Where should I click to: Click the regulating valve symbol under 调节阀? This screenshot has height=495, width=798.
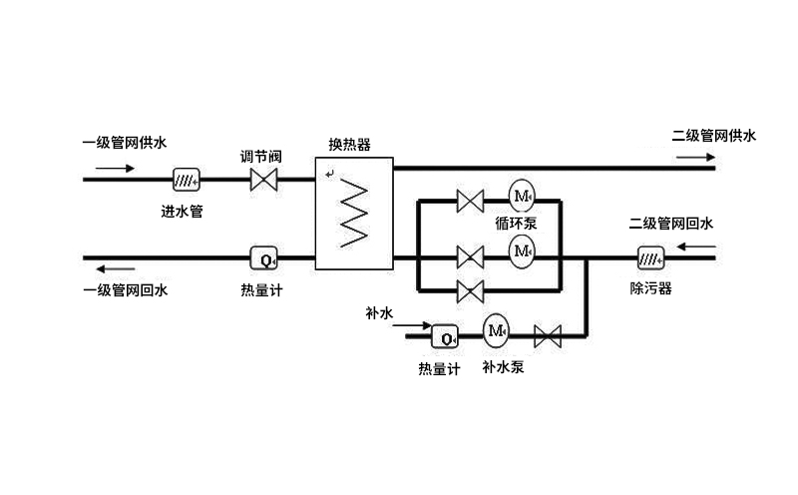[x=264, y=180]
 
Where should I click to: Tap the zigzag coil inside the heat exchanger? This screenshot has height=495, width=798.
[x=354, y=211]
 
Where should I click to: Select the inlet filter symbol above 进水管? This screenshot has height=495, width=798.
[x=186, y=180]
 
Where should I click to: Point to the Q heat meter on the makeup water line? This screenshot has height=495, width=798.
[x=443, y=335]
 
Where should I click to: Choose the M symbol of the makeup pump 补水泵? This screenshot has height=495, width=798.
[x=496, y=328]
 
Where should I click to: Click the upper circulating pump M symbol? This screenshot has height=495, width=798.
[x=523, y=194]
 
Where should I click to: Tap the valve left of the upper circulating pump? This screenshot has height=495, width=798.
[x=470, y=201]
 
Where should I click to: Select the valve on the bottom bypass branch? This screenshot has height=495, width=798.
[x=470, y=290]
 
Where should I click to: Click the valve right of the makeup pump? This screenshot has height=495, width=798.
[x=548, y=335]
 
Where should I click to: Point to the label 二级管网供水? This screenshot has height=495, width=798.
[x=714, y=135]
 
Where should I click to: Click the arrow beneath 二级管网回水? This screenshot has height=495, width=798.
[x=692, y=243]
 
